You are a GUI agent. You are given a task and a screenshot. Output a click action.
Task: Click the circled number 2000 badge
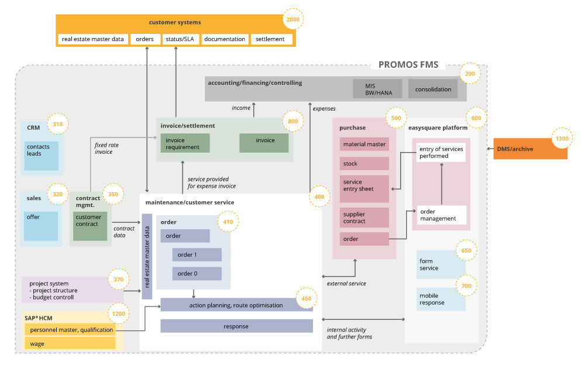click(x=292, y=19)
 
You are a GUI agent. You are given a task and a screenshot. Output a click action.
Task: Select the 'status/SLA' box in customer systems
click(x=182, y=39)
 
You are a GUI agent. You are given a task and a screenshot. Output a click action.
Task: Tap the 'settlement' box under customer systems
click(x=270, y=39)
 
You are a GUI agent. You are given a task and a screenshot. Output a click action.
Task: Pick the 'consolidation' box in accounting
click(x=433, y=89)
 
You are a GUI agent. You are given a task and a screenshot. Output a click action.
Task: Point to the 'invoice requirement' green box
click(x=185, y=143)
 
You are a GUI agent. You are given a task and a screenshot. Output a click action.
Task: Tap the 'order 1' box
click(x=197, y=255)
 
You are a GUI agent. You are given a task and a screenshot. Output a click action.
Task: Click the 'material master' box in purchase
click(x=364, y=144)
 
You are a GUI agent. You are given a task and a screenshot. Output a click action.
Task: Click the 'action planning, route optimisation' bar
click(x=236, y=305)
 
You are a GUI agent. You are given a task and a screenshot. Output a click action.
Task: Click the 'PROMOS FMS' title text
click(x=408, y=65)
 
